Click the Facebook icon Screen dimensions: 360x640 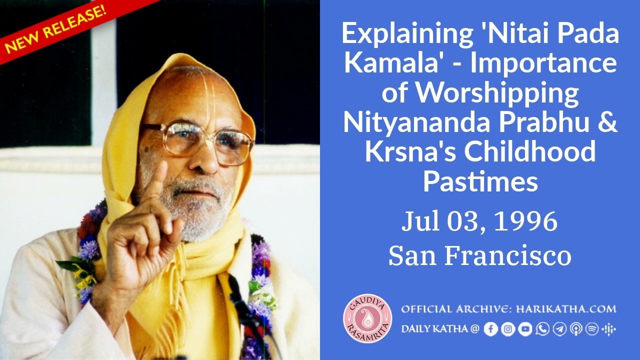491,329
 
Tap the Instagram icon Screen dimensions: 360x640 508,329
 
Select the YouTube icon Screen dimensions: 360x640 525,329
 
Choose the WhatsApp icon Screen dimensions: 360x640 542,329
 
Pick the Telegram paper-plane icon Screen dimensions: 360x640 559,329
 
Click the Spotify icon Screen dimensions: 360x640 592,329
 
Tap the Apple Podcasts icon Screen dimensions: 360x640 575,329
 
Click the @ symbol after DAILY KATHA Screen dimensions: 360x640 474,329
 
